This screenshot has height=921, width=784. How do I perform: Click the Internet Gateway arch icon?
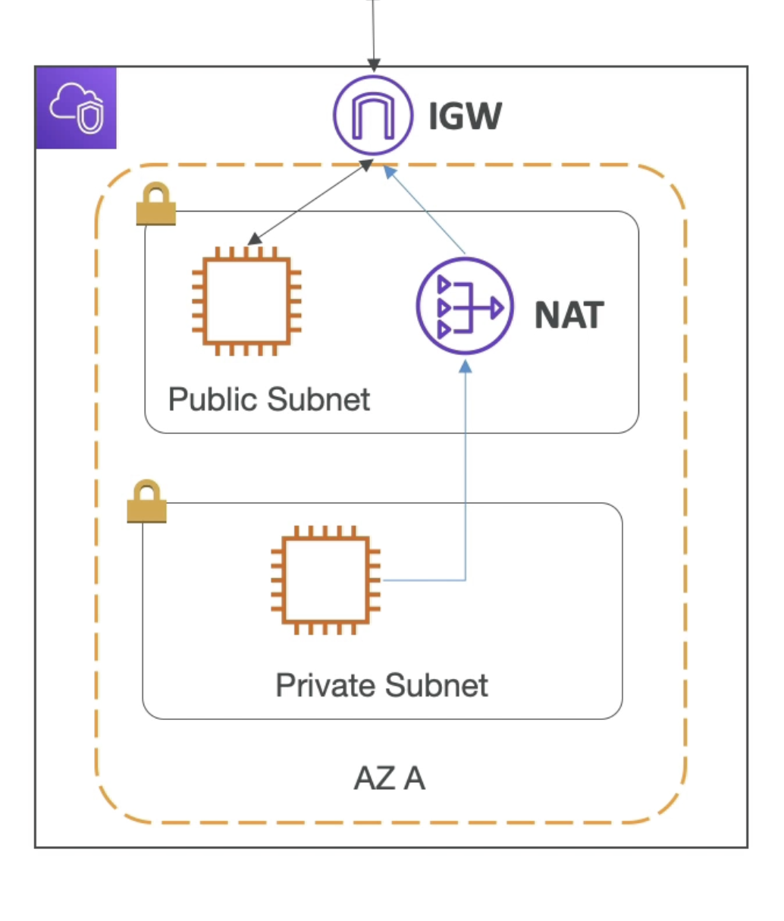click(x=373, y=116)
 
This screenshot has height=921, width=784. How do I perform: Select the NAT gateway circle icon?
click(x=464, y=306)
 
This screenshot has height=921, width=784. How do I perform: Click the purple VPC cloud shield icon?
click(x=77, y=108)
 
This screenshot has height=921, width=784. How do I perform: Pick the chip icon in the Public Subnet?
click(x=247, y=301)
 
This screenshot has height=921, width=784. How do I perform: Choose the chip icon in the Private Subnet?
click(x=326, y=580)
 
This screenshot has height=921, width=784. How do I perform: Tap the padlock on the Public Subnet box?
click(x=156, y=204)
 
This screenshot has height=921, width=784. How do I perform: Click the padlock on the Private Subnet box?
click(x=146, y=501)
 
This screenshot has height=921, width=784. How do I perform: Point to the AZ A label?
click(x=389, y=778)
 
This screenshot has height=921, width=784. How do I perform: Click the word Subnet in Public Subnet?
click(x=318, y=400)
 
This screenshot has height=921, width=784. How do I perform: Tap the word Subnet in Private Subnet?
click(x=437, y=686)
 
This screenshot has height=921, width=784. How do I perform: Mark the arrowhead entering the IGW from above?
click(x=373, y=66)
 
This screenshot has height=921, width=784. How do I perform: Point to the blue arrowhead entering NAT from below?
click(x=466, y=367)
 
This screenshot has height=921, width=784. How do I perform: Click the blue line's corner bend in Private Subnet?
click(x=465, y=580)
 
